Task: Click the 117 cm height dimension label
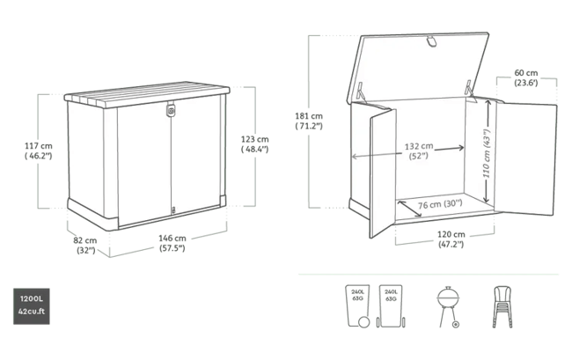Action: click(39, 151)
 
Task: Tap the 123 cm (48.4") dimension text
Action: click(254, 144)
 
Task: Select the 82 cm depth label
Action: click(85, 245)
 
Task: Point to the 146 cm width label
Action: click(172, 243)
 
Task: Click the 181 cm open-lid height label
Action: click(309, 121)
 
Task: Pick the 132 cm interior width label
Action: click(419, 151)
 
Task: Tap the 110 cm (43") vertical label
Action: click(487, 153)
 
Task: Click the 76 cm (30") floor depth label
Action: click(440, 204)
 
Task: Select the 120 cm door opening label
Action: click(451, 239)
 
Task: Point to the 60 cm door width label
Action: click(526, 77)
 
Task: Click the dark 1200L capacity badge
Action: click(32, 306)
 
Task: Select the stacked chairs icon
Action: click(502, 306)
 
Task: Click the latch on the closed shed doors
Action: click(171, 110)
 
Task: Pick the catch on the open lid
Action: click(431, 40)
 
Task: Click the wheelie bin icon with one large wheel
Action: click(358, 306)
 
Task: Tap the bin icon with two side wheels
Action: click(391, 306)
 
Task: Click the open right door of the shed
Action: click(525, 158)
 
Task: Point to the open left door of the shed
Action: click(383, 173)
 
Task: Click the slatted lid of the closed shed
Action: click(147, 93)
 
